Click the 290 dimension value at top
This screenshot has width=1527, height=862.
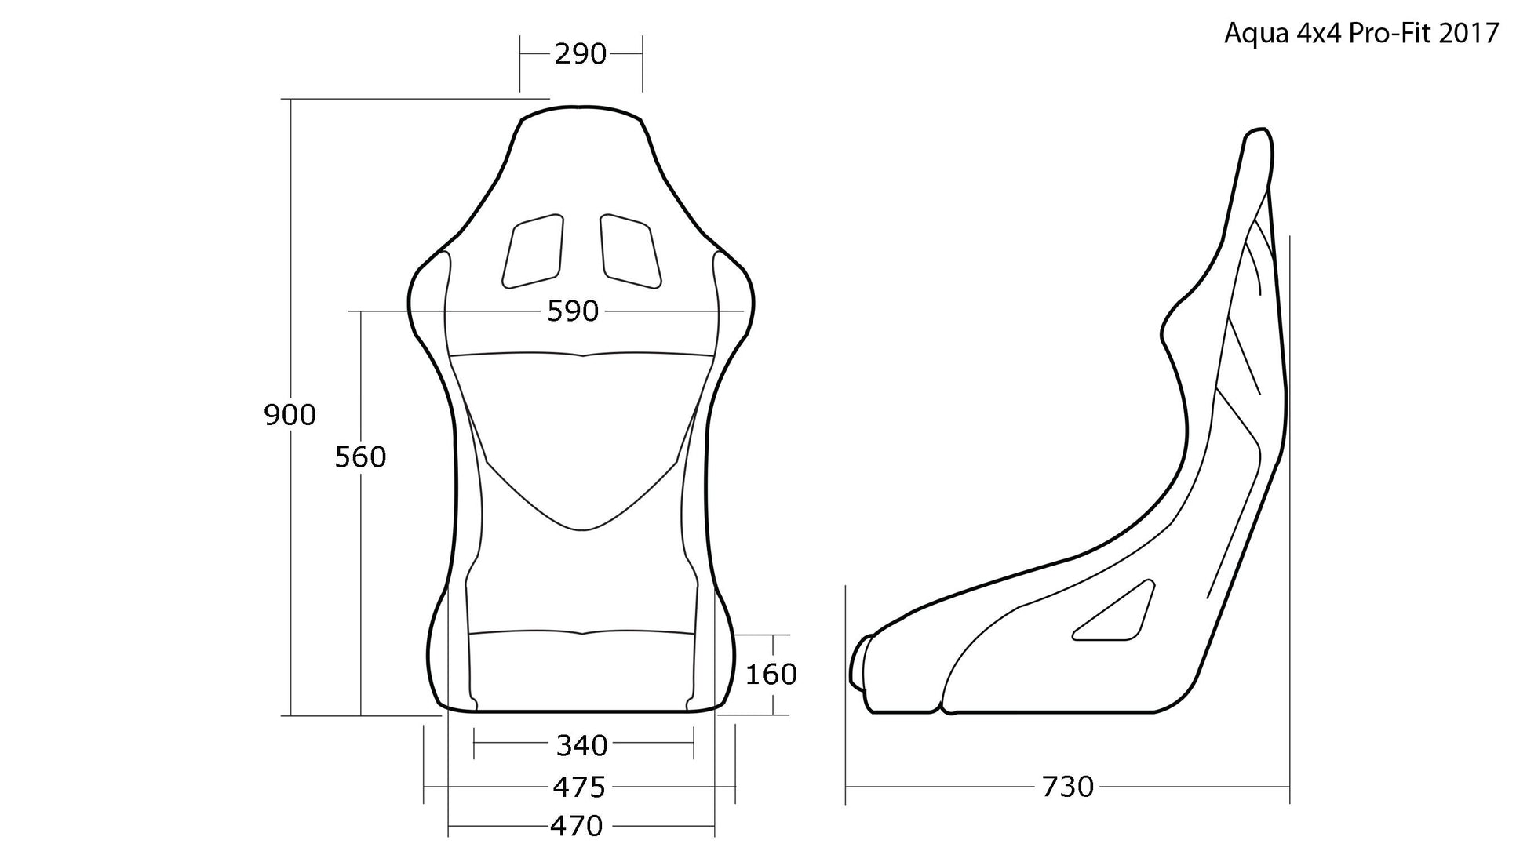[581, 54]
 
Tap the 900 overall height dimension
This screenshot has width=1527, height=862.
[290, 415]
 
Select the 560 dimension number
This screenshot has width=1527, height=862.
[361, 457]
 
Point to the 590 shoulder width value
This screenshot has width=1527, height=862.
[573, 311]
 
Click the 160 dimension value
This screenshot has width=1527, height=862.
[771, 674]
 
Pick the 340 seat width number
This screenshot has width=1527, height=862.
[582, 745]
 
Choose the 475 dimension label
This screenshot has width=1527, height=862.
[579, 787]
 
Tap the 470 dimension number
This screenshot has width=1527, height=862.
[577, 825]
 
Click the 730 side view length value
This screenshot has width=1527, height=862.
[1067, 786]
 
